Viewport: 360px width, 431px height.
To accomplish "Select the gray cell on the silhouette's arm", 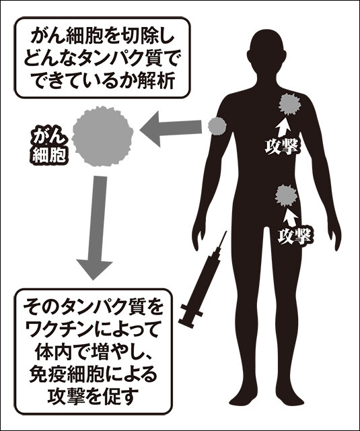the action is [217, 126].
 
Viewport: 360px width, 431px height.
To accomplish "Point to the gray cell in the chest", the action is [290, 104].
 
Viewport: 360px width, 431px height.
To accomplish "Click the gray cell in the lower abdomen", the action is [287, 196].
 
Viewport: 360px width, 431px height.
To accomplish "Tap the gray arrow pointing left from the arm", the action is [171, 129].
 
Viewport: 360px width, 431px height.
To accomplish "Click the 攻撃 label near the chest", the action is [281, 147].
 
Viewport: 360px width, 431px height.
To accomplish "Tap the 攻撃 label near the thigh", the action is [295, 236].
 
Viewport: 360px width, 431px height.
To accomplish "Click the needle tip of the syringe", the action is [227, 232].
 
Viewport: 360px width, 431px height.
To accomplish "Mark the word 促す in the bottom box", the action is [122, 396].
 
